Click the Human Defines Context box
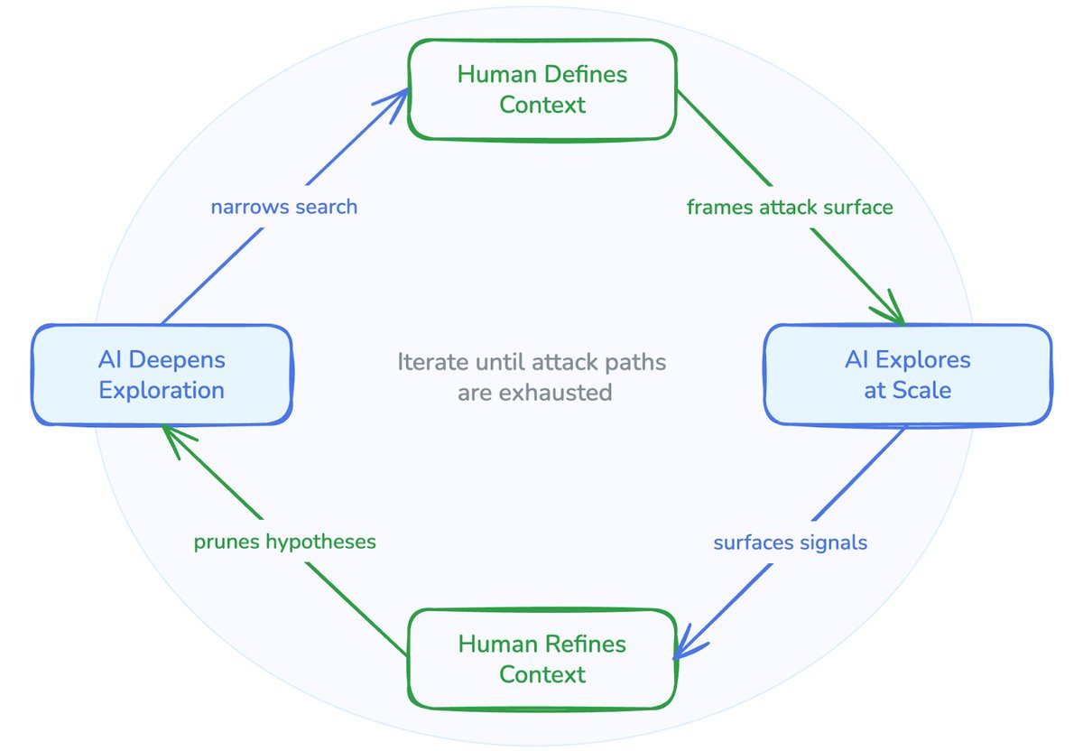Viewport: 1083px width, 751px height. tap(541, 89)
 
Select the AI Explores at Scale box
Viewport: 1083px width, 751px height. tap(907, 375)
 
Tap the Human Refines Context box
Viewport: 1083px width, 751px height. tap(541, 659)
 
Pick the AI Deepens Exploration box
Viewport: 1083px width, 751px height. tap(162, 375)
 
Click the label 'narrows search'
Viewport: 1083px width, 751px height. tap(284, 207)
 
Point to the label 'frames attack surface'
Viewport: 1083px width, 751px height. tap(790, 208)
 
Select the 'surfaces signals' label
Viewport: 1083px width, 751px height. tap(790, 542)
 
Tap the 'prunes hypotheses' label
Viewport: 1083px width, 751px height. tap(284, 542)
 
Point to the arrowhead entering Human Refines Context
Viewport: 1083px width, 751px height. tap(688, 645)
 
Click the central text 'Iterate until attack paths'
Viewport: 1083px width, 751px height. tap(532, 363)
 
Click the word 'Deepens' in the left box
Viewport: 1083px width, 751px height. tap(188, 360)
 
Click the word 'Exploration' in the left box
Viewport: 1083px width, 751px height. tap(162, 390)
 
